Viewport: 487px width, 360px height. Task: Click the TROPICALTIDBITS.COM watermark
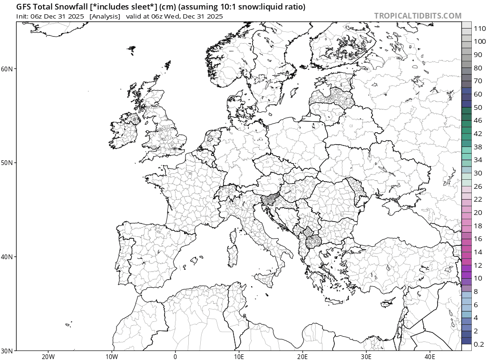click(x=418, y=16)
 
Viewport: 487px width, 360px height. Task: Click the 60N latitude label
click(x=7, y=68)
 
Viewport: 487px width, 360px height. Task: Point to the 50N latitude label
click(x=7, y=163)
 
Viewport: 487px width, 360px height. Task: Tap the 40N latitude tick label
click(x=7, y=257)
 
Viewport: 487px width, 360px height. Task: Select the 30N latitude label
click(x=7, y=350)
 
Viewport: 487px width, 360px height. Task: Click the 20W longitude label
click(x=48, y=356)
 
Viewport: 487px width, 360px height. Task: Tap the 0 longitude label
click(x=175, y=356)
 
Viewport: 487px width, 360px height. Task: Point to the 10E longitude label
click(x=239, y=356)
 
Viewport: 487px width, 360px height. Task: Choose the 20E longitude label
click(x=302, y=356)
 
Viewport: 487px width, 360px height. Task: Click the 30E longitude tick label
click(x=366, y=356)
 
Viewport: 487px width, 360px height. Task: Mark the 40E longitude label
click(x=429, y=356)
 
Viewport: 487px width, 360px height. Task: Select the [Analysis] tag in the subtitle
click(x=105, y=16)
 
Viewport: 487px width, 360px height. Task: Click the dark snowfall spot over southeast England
click(x=175, y=149)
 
